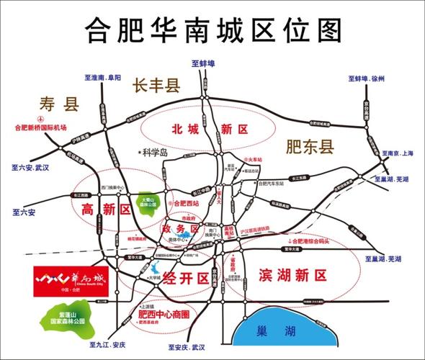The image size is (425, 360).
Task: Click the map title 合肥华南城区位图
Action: coord(212,30)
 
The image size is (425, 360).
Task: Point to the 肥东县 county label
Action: coord(310,147)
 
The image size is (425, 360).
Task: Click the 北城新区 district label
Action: coord(209,130)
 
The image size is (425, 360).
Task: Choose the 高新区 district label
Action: coord(101,210)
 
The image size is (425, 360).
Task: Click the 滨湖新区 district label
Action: coord(291,274)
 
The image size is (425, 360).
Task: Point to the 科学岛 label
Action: coord(154,153)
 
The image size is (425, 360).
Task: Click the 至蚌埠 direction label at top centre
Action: coord(205,63)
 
